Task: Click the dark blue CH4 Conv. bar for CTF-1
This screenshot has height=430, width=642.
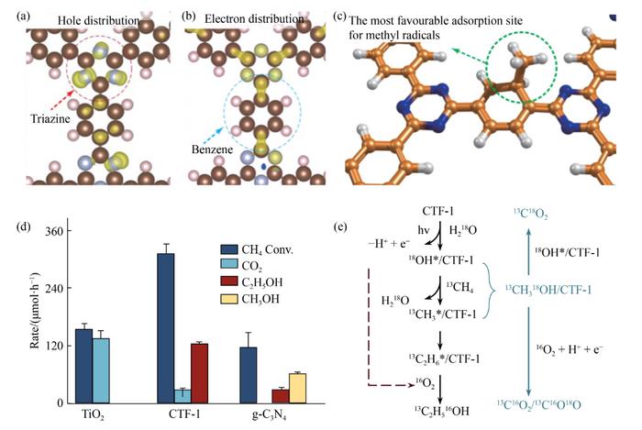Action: click(x=165, y=328)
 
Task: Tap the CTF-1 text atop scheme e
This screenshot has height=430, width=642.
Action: click(x=440, y=213)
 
